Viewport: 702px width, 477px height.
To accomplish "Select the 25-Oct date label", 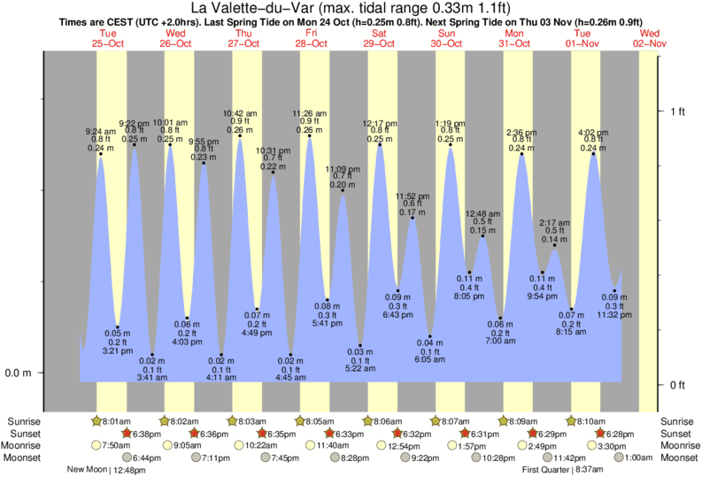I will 108,43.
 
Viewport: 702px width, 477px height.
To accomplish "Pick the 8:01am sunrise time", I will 115,421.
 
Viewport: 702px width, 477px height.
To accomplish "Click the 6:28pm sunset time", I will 625,434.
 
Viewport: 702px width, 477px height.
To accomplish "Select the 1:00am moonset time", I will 640,458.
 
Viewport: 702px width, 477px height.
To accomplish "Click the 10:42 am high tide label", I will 239,113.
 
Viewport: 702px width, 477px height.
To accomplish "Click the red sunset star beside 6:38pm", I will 126,434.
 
